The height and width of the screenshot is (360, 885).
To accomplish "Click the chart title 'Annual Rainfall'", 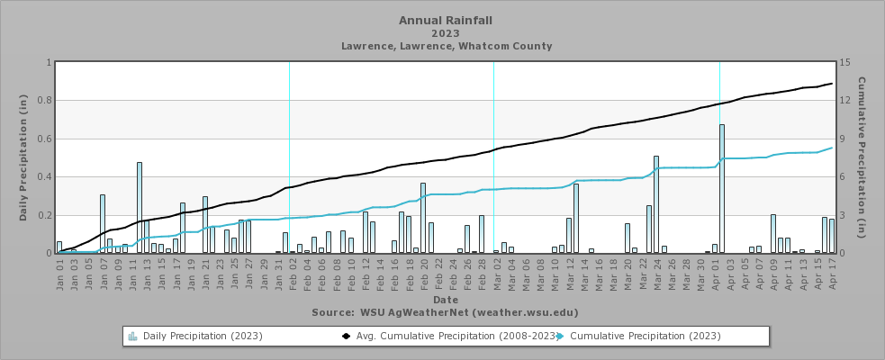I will click(446, 20).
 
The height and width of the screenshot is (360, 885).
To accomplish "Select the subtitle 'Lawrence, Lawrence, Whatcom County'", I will click(446, 46).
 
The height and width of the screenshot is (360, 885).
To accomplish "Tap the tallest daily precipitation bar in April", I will click(722, 188).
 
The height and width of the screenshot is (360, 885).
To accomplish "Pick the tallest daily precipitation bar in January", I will click(140, 207).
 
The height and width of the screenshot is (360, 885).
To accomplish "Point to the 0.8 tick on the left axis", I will click(47, 101).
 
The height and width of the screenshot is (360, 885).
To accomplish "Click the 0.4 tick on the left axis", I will click(47, 177).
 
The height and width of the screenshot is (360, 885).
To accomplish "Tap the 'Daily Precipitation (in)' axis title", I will click(23, 158).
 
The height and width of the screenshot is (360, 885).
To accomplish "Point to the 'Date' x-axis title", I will click(445, 299).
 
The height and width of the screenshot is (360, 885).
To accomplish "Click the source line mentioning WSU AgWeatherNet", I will click(445, 312).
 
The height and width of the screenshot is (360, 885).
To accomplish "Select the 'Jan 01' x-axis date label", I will click(59, 274).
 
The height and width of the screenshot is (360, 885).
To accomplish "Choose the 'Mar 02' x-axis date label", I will click(496, 274).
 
